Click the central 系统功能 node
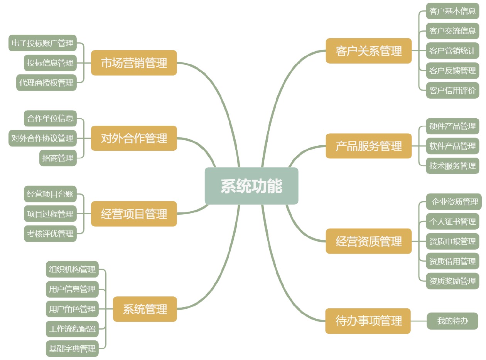coord(251,186)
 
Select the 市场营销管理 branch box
coord(134,63)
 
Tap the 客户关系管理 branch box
coord(368,51)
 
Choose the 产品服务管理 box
coord(368,146)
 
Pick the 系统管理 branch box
coord(145,309)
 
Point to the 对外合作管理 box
coord(134,138)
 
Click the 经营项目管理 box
coord(134,214)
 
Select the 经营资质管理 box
coord(368,241)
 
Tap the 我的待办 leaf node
coord(452,321)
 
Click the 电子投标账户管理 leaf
coord(42,43)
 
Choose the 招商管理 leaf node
coord(58,158)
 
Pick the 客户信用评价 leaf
coord(452,91)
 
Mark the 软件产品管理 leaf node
coord(452,146)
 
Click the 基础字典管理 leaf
coord(72,349)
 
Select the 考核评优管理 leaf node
coord(50,234)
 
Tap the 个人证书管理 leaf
coord(452,222)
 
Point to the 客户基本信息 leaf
coord(452,11)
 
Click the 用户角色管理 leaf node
coord(72,309)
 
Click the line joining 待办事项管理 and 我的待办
coord(418,321)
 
